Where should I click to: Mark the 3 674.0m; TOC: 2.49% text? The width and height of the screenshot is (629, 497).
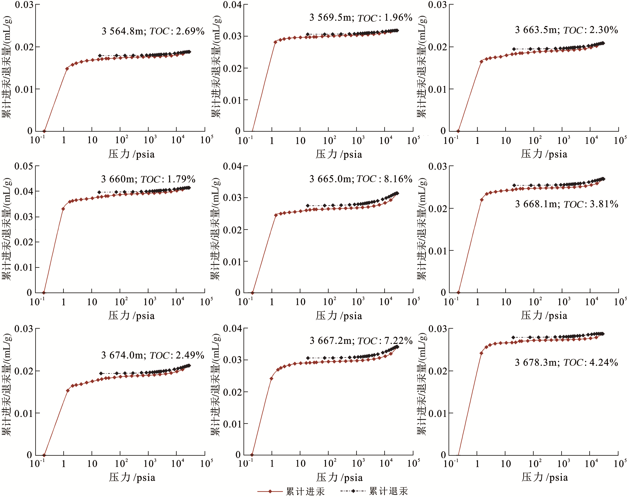[153, 355]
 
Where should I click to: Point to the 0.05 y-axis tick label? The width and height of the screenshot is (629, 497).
[24, 166]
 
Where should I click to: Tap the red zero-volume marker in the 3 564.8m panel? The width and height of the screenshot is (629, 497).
[44, 131]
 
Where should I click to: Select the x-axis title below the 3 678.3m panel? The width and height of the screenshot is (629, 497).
[544, 478]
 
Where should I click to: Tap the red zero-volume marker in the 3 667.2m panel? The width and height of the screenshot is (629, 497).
[252, 455]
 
